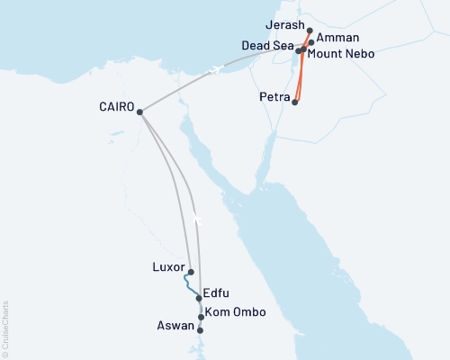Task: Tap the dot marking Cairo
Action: pyautogui.click(x=139, y=112)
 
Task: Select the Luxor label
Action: pyautogui.click(x=169, y=268)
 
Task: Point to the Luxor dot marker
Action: pyautogui.click(x=191, y=271)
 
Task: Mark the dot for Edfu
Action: pyautogui.click(x=198, y=298)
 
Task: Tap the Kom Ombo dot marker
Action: pyautogui.click(x=202, y=317)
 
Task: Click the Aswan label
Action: pyautogui.click(x=176, y=327)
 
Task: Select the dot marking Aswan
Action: pyautogui.click(x=200, y=330)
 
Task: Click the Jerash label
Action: pyautogui.click(x=286, y=28)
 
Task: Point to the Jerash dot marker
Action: pyautogui.click(x=310, y=31)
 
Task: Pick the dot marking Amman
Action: pyautogui.click(x=311, y=42)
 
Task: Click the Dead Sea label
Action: pyautogui.click(x=267, y=45)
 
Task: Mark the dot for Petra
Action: pyautogui.click(x=295, y=103)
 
